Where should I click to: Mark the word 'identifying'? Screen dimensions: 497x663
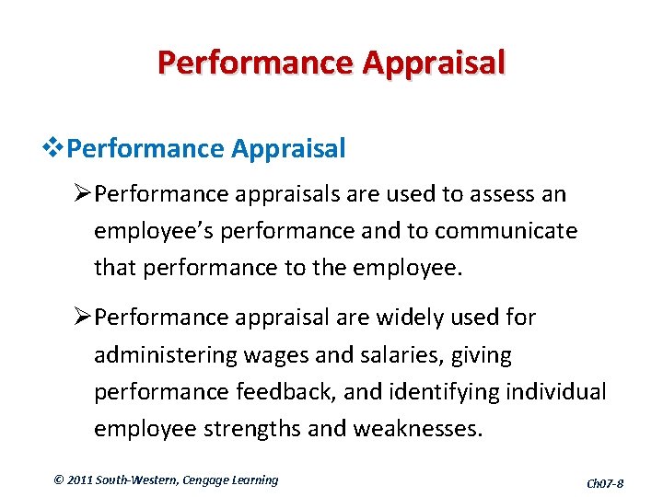pos(445,392)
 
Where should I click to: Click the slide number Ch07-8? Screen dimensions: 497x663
pos(605,482)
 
